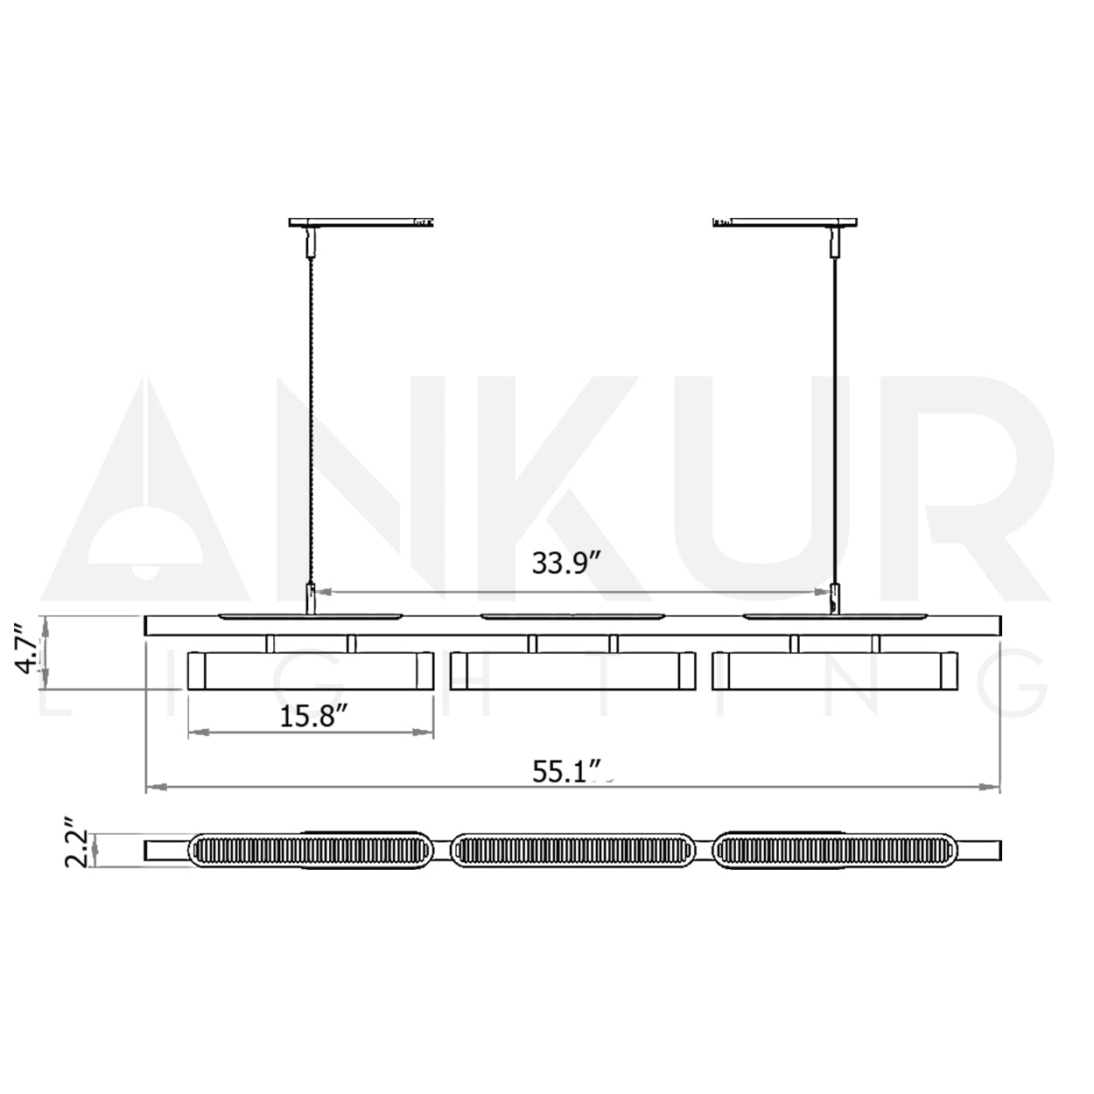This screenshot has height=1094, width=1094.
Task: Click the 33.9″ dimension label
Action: pos(565,563)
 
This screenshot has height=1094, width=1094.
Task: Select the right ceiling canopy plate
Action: pos(785,222)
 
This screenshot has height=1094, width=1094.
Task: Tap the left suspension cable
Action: pos(308,420)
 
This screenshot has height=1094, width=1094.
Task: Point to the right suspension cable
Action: pos(833,420)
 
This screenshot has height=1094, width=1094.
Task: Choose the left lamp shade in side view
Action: pos(312,671)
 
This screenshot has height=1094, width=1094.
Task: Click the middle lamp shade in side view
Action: pos(572,671)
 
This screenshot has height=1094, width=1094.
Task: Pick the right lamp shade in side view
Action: pos(835,671)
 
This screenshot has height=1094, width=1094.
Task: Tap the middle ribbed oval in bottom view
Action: pos(573,850)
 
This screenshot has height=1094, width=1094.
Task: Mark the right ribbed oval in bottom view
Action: pos(836,850)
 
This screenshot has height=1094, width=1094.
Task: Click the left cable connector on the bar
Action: pos(308,600)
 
